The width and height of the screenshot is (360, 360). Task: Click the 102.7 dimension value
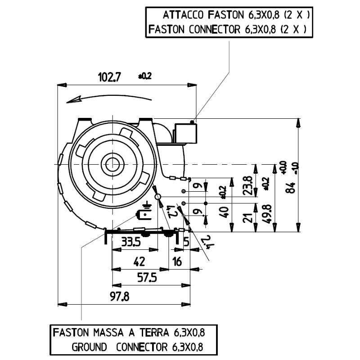[110, 77]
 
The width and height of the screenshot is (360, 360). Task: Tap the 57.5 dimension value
[146, 278]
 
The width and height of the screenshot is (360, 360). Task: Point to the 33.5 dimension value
[131, 242]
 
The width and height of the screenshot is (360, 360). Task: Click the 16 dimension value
[177, 261]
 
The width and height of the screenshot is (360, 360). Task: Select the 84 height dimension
[293, 186]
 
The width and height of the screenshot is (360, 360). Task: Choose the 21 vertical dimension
[247, 218]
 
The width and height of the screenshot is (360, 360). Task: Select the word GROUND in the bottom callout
[89, 347]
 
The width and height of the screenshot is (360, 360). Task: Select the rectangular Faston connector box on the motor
[186, 133]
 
